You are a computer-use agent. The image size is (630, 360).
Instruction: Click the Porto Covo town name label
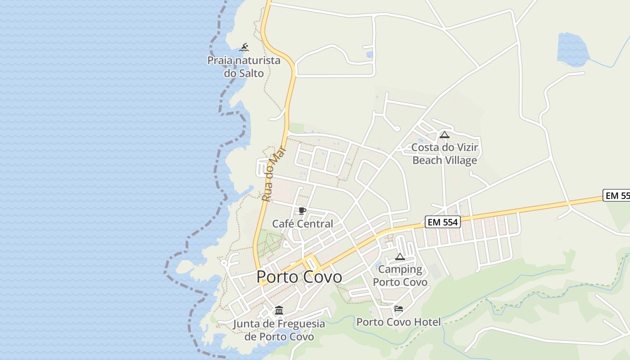coord(299,277)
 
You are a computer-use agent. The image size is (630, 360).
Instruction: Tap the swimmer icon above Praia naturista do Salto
coord(244,47)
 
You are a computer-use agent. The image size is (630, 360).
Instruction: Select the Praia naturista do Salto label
coord(244,67)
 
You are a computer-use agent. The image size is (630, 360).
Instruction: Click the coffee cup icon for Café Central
coord(302,211)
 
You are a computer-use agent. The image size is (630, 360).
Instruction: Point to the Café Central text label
coord(302,224)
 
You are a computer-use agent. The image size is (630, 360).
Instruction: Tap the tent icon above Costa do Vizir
coord(445,135)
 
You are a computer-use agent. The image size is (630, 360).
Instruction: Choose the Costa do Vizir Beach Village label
coord(445,154)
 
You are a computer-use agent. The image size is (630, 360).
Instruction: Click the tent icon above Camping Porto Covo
coord(400,257)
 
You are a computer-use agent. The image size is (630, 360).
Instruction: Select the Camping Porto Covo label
coord(400,276)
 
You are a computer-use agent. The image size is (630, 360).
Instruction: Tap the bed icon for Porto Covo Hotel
coord(398,309)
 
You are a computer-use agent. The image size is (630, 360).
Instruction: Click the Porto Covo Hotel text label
coord(399,322)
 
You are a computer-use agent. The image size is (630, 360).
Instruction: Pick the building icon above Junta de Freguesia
coord(279,310)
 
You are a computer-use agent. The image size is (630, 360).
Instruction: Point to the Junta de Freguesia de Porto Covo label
coord(279,330)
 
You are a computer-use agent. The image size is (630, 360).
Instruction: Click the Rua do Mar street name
coord(274,174)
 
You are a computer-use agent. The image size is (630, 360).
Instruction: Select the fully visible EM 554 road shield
coord(443,222)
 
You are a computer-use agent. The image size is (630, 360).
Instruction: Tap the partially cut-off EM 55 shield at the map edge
coord(616,196)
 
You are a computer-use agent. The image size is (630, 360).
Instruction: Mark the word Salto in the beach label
coord(251,73)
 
